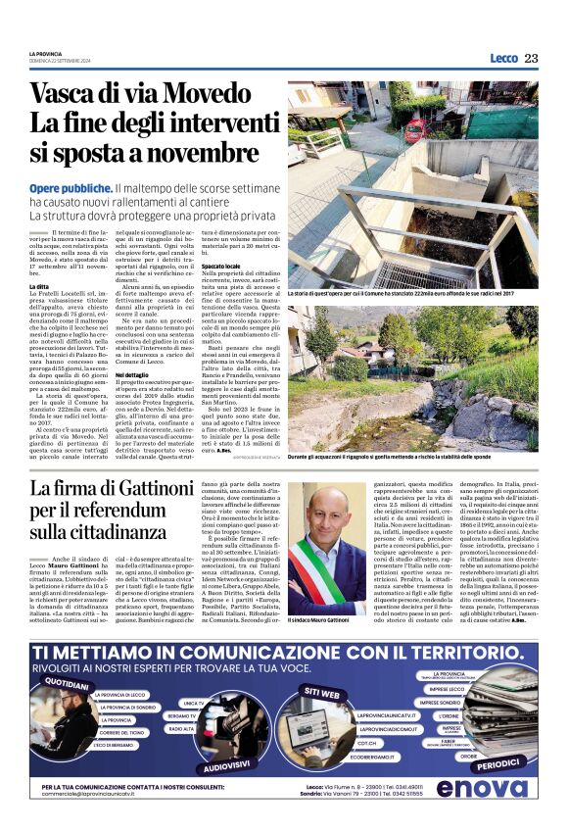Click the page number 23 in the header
point(531,58)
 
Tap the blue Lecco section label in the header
point(503,58)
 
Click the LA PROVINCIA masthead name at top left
point(45,53)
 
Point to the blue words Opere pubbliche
point(71,187)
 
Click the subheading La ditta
point(39,285)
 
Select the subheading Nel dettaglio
point(131,374)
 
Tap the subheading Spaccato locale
point(222,266)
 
